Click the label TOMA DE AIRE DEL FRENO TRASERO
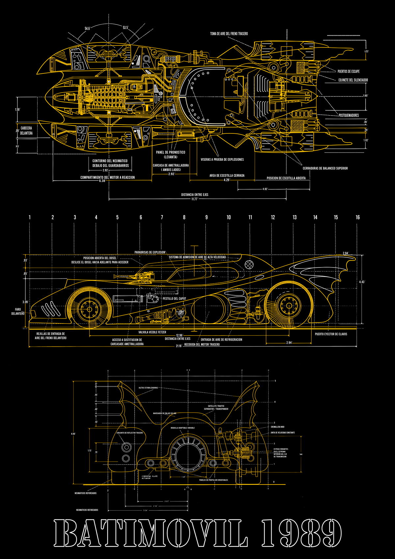pos(229,34)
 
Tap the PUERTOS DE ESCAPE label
pos(348,71)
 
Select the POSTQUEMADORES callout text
pos(349,115)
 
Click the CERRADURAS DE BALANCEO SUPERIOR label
pos(325,168)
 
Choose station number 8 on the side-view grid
pos(184,217)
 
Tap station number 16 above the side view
pos(357,217)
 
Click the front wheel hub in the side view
pos(89,310)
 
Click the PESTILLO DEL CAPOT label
pos(174,298)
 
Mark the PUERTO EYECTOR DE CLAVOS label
pos(331,334)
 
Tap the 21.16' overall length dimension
pos(179,346)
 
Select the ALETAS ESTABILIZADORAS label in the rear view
pos(148,388)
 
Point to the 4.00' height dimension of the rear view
pos(73,434)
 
